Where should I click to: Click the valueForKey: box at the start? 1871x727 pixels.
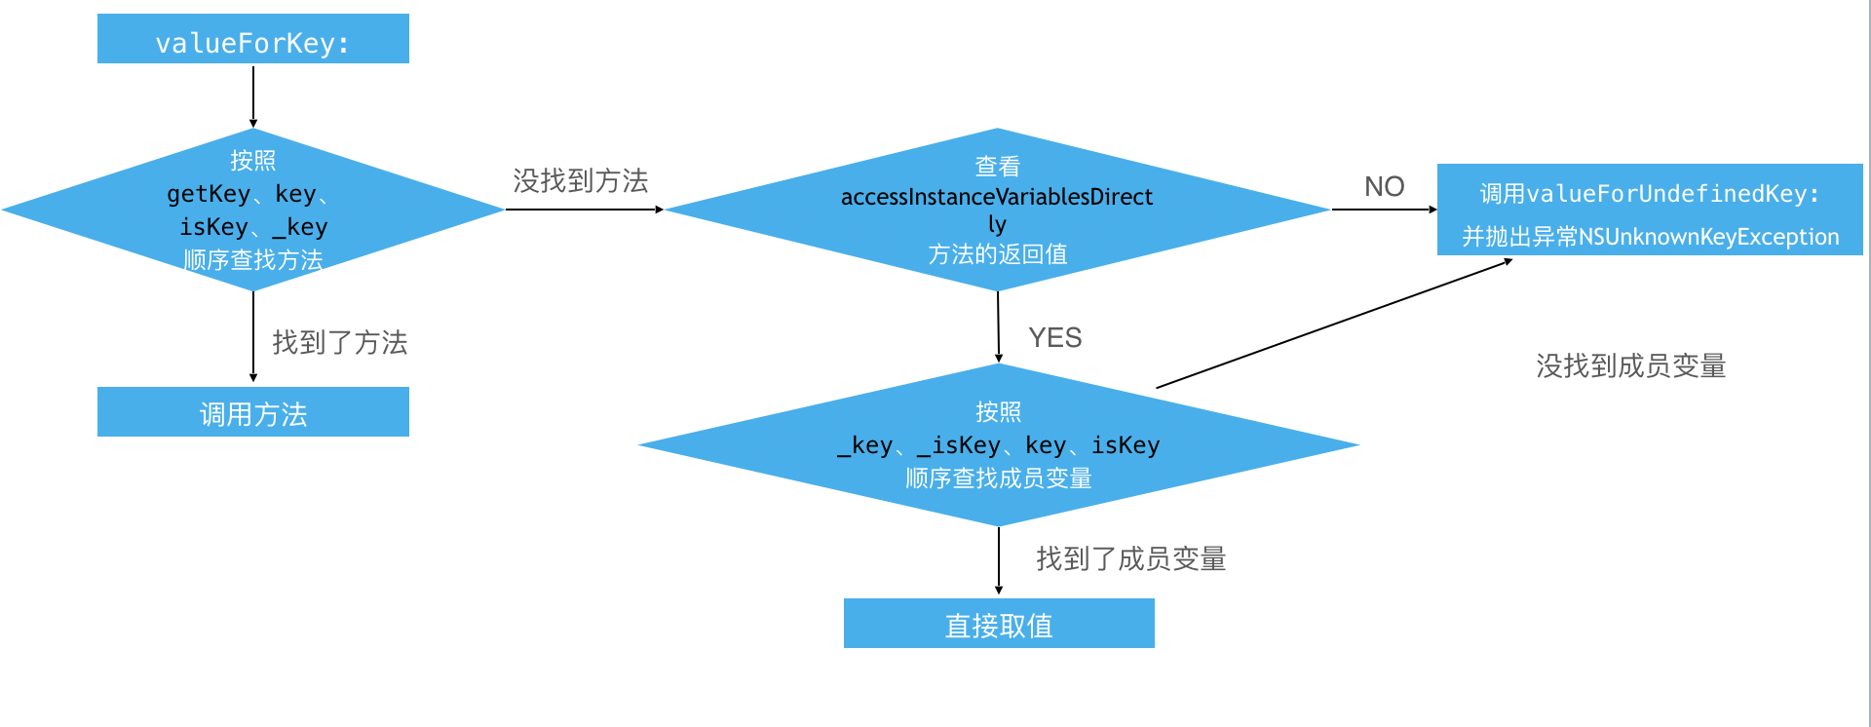coord(252,39)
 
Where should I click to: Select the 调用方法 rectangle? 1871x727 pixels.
coord(252,412)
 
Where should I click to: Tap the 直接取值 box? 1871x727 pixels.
coord(999,624)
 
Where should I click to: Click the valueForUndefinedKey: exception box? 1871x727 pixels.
coord(1649,210)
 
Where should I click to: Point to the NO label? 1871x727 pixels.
coord(1384,186)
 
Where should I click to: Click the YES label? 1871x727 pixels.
coord(1054,337)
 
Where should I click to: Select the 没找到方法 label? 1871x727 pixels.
coord(581,180)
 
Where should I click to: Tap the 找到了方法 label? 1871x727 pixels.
coord(339,342)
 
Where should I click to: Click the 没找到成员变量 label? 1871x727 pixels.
coord(1630,365)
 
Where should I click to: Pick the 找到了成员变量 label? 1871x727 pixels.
coord(1130,558)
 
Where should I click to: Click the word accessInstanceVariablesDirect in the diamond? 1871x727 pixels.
coord(996,197)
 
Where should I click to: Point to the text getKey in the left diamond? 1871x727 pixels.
coord(208,194)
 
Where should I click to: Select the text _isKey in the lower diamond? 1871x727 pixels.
coord(958,445)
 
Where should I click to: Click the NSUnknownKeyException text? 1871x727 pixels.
coord(1708,237)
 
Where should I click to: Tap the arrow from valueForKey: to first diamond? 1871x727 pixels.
coord(253,96)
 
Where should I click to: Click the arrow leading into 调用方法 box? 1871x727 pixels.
coord(253,336)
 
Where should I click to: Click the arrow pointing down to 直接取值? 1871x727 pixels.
coord(999,560)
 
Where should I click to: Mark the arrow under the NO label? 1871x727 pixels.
coord(1384,210)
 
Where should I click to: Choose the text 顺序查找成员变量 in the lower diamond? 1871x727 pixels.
coord(998,478)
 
